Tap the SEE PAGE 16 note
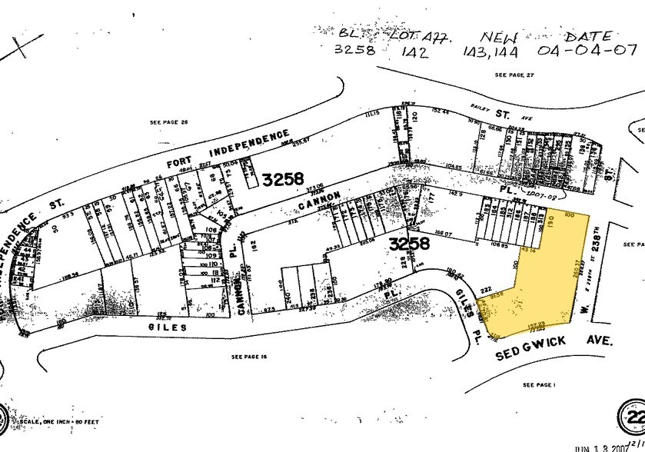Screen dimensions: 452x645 pos(248,356)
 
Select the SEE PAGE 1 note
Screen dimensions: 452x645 pos(538,384)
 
